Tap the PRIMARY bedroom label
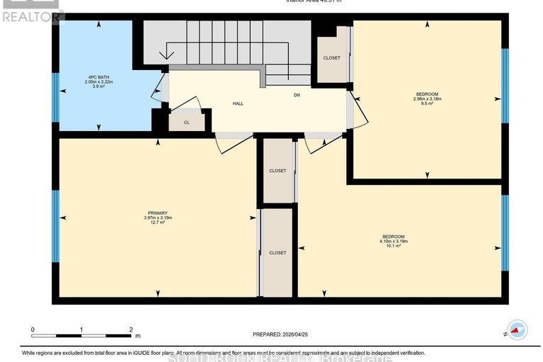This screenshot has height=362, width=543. (157, 213)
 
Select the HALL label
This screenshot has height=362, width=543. (239, 103)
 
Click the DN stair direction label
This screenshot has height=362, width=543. (298, 94)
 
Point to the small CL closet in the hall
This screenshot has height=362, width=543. (187, 122)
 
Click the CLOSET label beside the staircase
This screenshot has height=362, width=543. (331, 58)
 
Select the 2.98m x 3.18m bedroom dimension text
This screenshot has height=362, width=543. (427, 100)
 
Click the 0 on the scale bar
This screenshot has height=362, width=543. (33, 330)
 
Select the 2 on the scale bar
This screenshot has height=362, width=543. (131, 330)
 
